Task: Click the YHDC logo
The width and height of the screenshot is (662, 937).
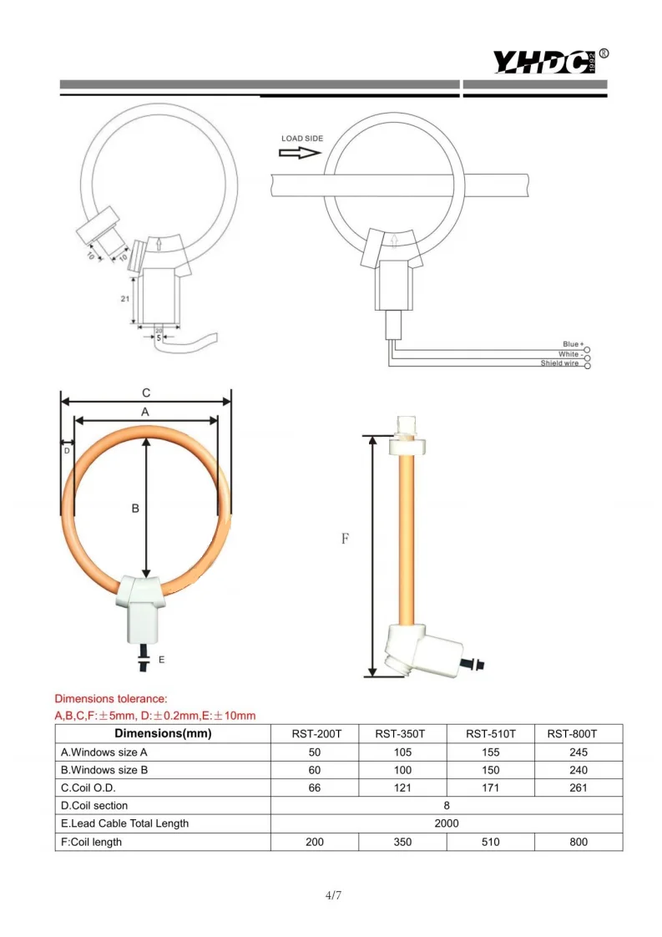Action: [x=549, y=61]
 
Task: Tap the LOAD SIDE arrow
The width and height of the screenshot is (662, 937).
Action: [x=300, y=153]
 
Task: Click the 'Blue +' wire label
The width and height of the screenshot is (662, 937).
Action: [x=573, y=344]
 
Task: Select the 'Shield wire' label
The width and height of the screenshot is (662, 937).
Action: [x=560, y=363]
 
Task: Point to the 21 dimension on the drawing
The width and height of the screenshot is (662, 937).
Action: [x=125, y=298]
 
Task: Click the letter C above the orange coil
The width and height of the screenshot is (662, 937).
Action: [x=146, y=393]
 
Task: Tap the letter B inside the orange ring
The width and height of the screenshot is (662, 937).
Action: [x=135, y=509]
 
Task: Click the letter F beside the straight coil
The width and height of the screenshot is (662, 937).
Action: [x=345, y=539]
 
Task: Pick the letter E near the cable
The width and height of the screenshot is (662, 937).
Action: [x=161, y=660]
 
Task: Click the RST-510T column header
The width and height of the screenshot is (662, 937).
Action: [x=491, y=734]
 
